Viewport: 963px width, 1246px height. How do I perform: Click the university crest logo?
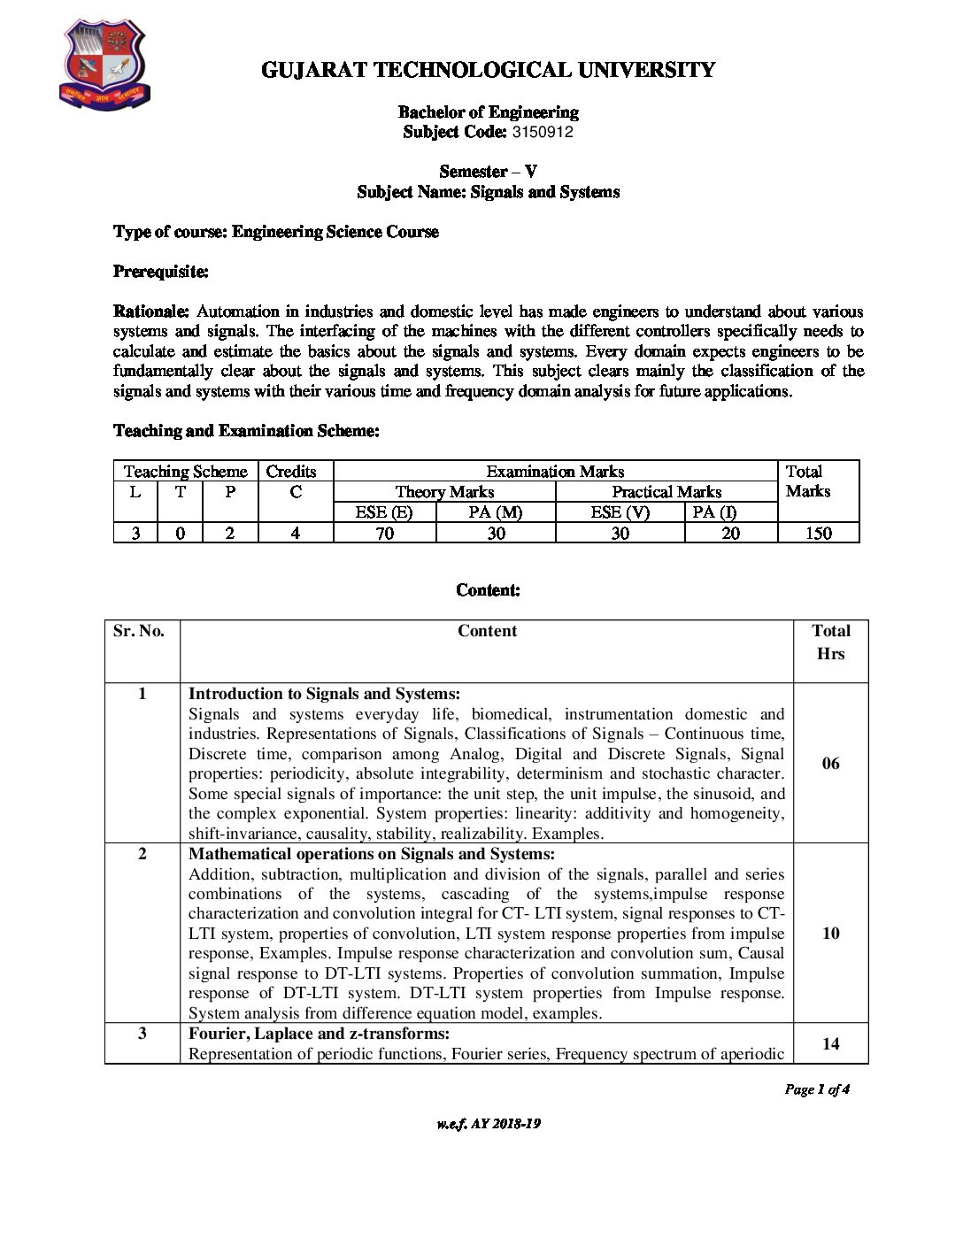[104, 65]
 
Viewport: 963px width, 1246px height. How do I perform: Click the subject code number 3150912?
[543, 133]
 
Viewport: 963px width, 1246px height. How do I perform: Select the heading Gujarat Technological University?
[488, 71]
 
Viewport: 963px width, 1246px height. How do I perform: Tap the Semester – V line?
[488, 172]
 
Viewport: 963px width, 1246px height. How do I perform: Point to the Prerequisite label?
[160, 272]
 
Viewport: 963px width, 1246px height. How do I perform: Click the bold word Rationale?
[151, 311]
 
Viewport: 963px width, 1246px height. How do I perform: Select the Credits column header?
[291, 472]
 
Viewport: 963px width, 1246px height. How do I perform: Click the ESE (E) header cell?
[384, 512]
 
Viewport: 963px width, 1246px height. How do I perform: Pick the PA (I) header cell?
[714, 512]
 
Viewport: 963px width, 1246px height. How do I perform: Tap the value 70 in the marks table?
[384, 534]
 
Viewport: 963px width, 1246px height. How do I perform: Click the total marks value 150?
[818, 534]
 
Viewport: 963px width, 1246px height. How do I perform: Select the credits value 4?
[296, 534]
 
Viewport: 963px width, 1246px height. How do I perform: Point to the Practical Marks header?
[666, 492]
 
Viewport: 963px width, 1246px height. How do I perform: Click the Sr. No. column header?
[139, 631]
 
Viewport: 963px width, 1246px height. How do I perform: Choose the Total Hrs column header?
[830, 642]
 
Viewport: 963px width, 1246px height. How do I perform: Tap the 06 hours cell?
[830, 764]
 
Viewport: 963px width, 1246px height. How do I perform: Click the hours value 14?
[830, 1044]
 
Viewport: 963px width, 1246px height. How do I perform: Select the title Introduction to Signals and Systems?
[324, 694]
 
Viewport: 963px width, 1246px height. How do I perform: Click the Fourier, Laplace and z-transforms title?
[319, 1034]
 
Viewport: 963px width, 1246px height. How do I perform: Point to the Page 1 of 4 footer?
[817, 1090]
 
